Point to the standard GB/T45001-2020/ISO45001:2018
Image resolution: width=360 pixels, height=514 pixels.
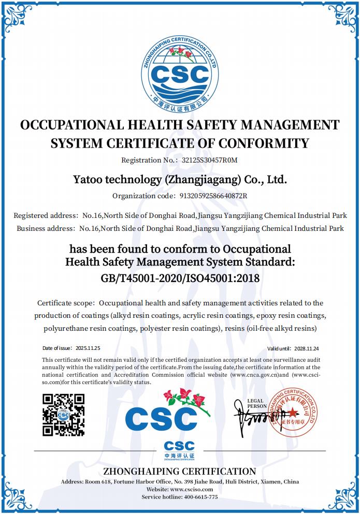(180, 278)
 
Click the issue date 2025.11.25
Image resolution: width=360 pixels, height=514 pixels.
(88, 348)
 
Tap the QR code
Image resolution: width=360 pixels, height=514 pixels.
(63, 415)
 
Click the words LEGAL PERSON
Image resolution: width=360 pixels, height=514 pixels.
(256, 404)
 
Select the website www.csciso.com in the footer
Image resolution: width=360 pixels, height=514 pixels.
(191, 489)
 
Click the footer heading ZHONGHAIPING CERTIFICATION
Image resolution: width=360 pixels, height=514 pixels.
(180, 472)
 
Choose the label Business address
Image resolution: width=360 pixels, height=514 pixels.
(46, 228)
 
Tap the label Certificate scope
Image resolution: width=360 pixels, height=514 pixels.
(66, 303)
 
